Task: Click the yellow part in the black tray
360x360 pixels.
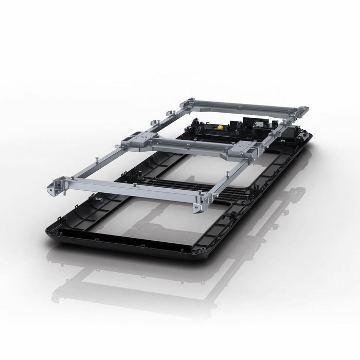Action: (221, 125)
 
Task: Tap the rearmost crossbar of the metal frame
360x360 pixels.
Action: (242, 107)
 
